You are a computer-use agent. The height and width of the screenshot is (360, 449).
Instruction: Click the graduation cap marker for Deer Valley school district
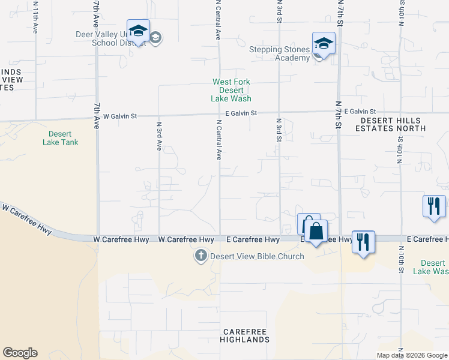click(x=139, y=31)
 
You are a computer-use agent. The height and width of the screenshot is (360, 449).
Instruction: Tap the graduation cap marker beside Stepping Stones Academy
click(x=324, y=44)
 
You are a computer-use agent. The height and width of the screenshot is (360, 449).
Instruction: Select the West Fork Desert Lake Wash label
click(x=231, y=90)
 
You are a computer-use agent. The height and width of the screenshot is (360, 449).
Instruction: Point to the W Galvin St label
click(x=120, y=116)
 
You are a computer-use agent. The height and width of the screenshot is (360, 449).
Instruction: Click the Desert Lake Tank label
click(x=61, y=138)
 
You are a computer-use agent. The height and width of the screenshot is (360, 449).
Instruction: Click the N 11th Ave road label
click(x=35, y=17)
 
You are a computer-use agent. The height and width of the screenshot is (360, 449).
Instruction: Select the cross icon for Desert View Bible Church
click(x=201, y=256)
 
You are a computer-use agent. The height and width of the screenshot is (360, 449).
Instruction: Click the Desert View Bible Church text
click(x=248, y=257)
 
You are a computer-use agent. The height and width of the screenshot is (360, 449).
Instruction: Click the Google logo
click(x=20, y=353)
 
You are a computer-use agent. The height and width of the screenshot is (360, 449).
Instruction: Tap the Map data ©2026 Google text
click(x=412, y=355)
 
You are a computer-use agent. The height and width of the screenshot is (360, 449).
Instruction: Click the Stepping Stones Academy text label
click(x=280, y=53)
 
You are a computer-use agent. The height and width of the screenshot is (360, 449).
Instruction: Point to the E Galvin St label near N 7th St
click(x=355, y=112)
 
